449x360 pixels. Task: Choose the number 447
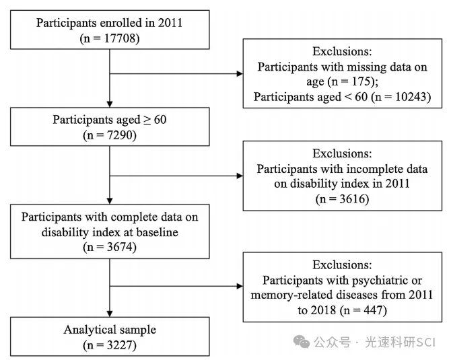(x=374, y=310)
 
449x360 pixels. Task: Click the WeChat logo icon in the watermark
(x=302, y=342)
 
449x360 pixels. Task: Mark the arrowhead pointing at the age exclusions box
(x=240, y=74)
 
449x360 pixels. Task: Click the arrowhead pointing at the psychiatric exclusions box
(x=240, y=286)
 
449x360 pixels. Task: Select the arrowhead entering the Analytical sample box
(x=110, y=314)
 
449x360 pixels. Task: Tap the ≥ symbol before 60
(x=147, y=120)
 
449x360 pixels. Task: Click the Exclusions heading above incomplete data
(x=342, y=153)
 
